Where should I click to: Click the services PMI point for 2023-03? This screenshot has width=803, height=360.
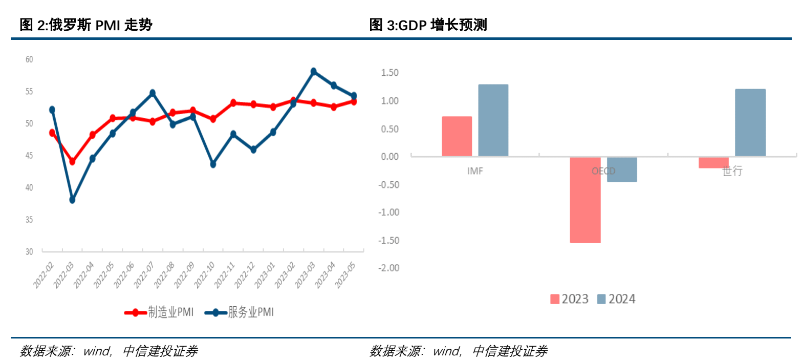coord(314,72)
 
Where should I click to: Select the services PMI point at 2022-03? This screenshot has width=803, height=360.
coord(72,200)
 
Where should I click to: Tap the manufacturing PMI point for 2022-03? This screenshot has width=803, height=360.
coord(72,161)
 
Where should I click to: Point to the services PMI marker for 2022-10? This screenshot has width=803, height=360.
coord(213,164)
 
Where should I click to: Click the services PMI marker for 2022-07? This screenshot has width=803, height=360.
coord(153,93)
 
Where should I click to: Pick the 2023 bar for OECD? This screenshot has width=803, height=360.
coord(585,200)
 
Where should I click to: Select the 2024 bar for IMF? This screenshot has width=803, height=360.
coord(493,120)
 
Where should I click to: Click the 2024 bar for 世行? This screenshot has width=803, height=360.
coord(750,123)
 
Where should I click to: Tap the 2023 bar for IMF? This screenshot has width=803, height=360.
coord(457,136)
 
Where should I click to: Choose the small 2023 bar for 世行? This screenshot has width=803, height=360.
coord(713,162)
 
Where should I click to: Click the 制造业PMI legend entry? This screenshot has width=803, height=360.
coord(159,312)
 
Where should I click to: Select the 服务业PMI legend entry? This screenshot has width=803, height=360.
coord(240,312)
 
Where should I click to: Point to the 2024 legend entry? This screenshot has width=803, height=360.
coord(617,299)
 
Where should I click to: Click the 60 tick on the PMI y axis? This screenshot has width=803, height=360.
coord(29,59)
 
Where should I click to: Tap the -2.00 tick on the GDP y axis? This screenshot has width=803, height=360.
coord(388,268)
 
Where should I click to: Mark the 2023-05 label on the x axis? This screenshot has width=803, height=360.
coord(345,274)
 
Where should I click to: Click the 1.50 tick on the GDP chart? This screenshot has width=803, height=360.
coord(389,73)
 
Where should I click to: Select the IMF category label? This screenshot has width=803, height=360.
coord(474,171)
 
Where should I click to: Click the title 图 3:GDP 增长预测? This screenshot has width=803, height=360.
coord(428,25)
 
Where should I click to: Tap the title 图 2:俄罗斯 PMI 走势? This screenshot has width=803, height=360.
coord(86,25)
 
